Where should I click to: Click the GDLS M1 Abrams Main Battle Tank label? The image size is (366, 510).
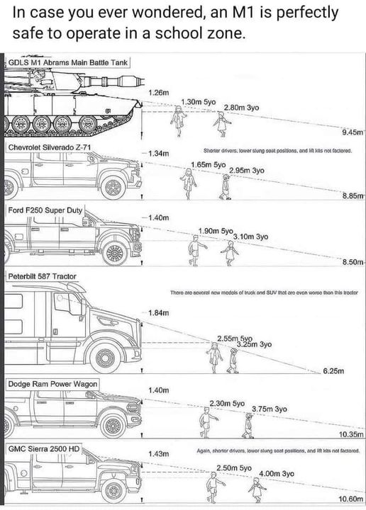click(x=67, y=62)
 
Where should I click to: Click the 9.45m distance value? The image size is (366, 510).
click(x=351, y=132)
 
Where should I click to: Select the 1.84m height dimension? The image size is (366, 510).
click(x=158, y=312)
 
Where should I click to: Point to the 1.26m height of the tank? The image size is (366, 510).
click(x=159, y=93)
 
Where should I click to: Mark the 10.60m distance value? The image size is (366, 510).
click(x=350, y=499)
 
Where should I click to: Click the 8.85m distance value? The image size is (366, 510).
click(x=351, y=195)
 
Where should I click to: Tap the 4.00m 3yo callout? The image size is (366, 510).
click(x=277, y=473)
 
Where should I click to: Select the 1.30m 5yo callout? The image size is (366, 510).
click(x=199, y=102)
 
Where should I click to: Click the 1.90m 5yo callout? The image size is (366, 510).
click(x=216, y=230)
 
